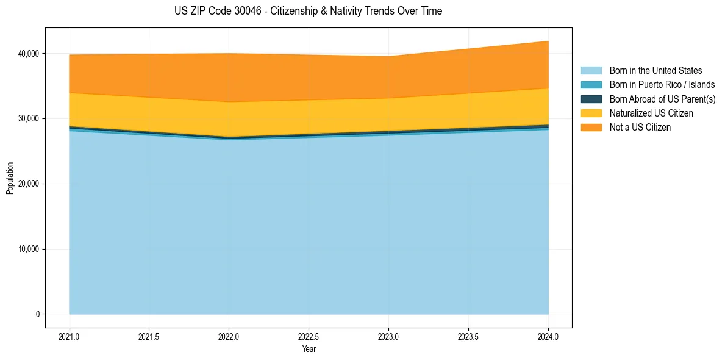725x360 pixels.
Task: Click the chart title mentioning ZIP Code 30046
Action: point(308,11)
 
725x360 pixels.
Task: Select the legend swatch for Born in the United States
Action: point(591,71)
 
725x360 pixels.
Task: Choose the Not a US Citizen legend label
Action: point(640,128)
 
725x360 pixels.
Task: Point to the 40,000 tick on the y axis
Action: point(29,54)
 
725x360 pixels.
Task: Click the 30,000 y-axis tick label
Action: point(29,118)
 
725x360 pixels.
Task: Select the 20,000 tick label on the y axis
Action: point(29,184)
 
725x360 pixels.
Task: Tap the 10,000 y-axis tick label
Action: point(29,249)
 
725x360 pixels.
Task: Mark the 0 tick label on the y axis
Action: point(37,314)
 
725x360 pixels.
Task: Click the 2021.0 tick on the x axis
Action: point(70,336)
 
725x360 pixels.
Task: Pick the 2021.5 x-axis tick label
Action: point(149,336)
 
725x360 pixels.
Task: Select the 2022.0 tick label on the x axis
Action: point(229,336)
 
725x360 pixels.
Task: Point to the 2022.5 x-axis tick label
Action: point(309,336)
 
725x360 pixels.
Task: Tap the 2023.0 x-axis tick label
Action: point(389,336)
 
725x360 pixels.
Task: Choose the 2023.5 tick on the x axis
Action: point(468,336)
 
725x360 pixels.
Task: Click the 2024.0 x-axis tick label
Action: point(548,336)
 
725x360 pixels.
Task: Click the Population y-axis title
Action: point(10,178)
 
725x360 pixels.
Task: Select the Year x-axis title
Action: point(309,349)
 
